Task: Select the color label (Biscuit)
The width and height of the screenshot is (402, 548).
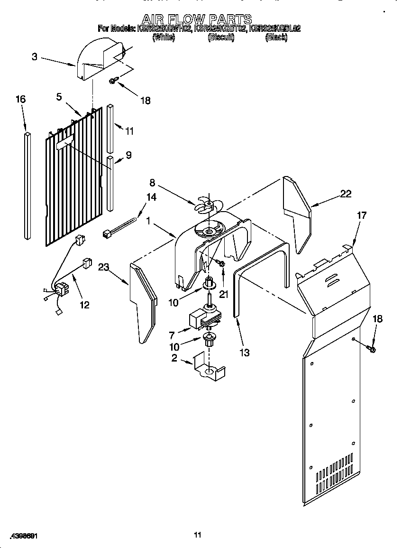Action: point(221,37)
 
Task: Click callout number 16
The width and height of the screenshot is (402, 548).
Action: point(20,99)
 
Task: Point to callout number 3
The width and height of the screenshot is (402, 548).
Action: point(35,56)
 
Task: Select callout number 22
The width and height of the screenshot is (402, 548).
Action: point(346,193)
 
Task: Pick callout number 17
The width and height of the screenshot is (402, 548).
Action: point(362,215)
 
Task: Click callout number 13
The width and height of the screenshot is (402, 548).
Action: point(245,353)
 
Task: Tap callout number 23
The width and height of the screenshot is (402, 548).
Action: point(104,267)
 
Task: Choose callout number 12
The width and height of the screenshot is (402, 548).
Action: point(84,305)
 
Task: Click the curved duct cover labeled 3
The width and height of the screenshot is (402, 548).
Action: point(97,60)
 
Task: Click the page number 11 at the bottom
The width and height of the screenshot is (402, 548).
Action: point(198,535)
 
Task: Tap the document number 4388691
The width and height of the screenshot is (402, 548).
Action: point(23,536)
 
